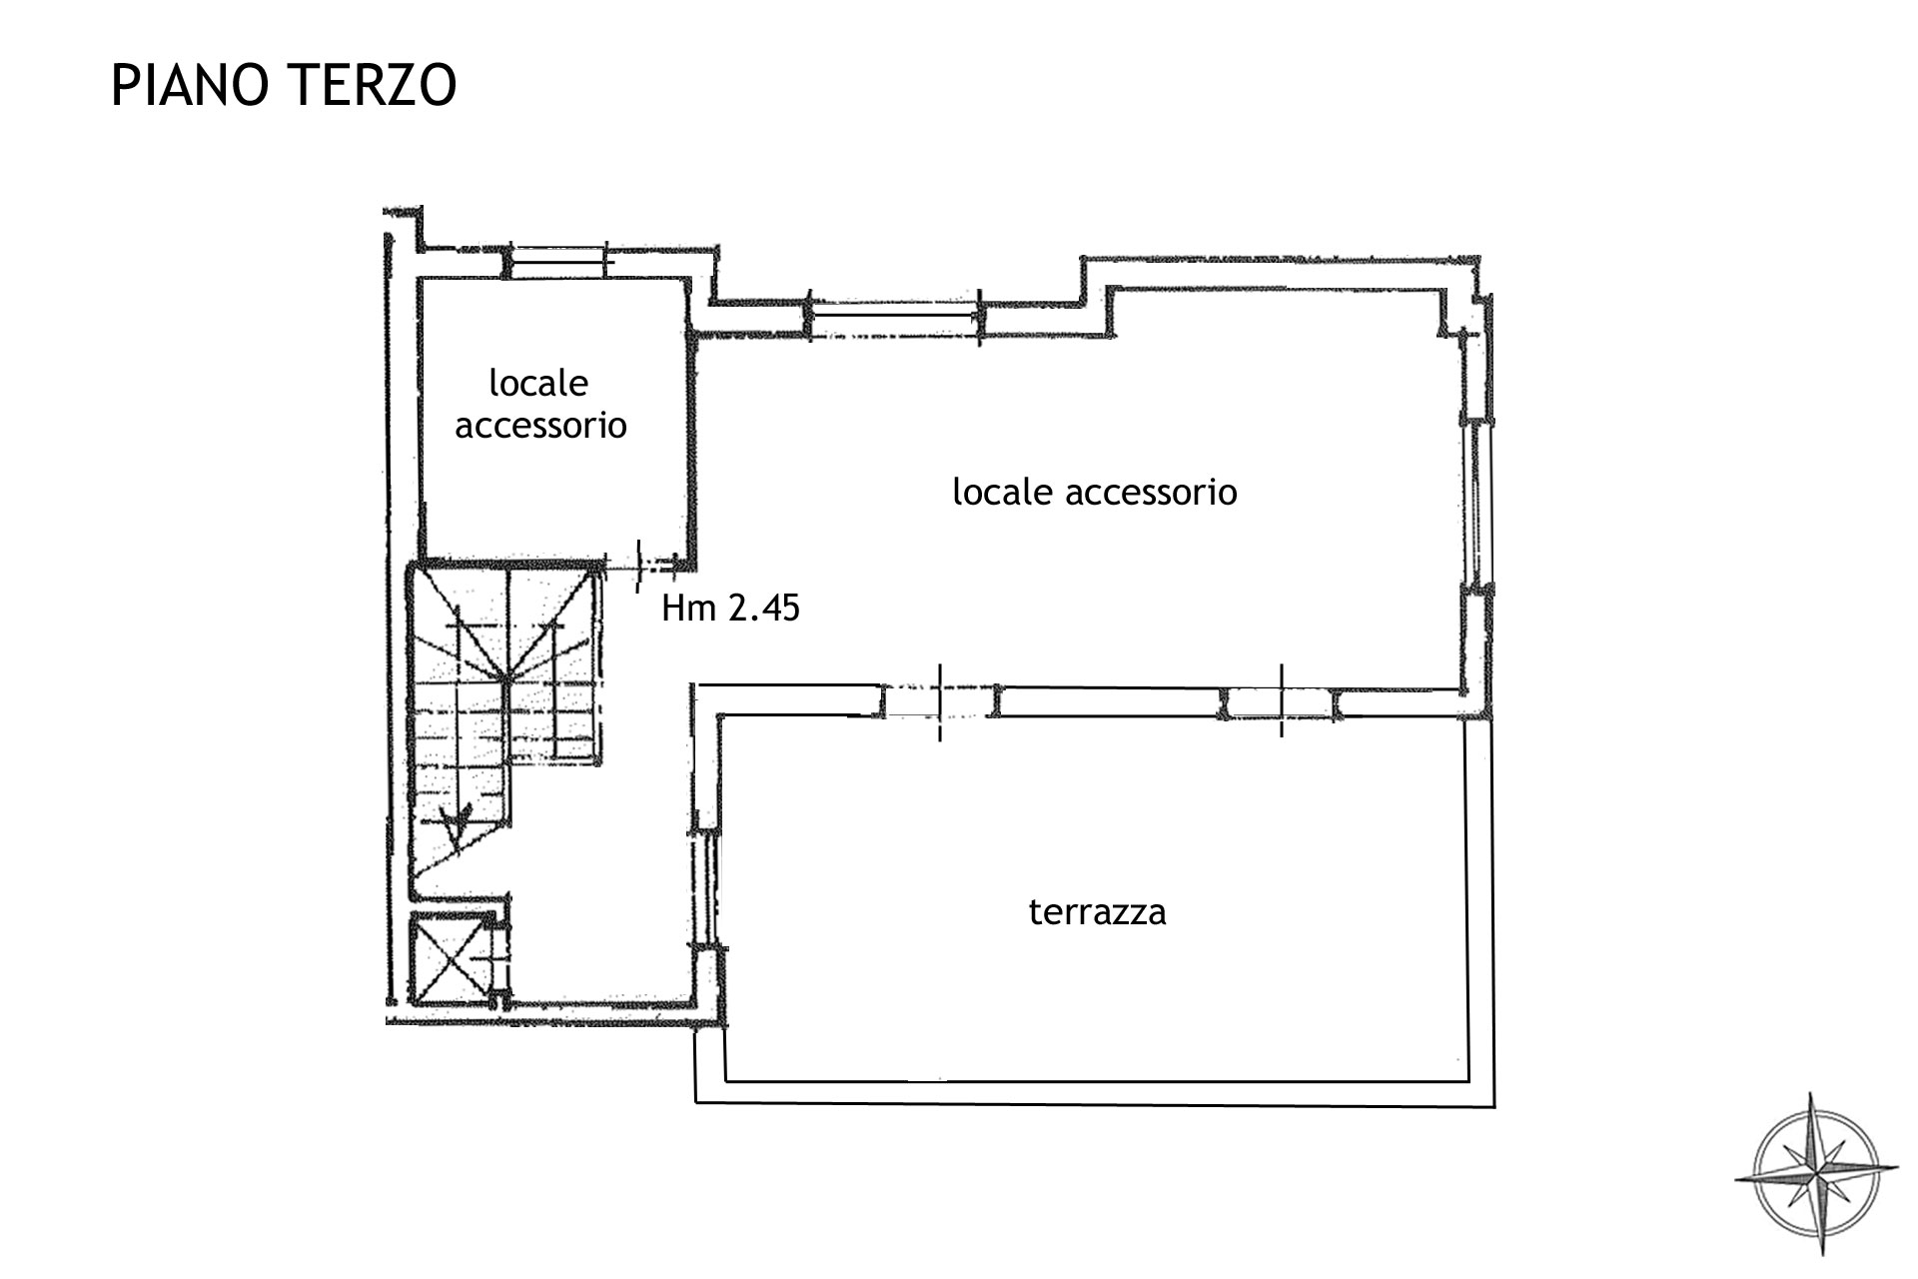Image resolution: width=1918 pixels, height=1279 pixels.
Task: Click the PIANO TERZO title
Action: tap(284, 85)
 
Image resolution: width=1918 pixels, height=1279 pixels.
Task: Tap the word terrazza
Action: tap(1097, 912)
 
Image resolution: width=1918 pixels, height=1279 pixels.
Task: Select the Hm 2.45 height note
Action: tap(730, 608)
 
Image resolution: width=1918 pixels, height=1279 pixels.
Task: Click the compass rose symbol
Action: tap(1817, 1173)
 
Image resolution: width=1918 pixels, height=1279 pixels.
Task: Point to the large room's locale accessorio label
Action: tap(1094, 492)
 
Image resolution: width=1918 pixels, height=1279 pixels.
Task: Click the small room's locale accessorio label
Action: tap(540, 405)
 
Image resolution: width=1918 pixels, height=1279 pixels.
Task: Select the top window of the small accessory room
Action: tap(557, 262)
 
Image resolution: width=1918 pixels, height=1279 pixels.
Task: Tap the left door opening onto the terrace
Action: tap(938, 701)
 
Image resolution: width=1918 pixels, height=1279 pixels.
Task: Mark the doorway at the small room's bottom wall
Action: tap(641, 565)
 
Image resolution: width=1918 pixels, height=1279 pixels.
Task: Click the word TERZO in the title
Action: tap(373, 85)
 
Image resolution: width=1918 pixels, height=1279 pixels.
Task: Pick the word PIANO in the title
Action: tap(189, 85)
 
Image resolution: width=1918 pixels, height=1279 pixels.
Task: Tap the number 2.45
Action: tap(764, 608)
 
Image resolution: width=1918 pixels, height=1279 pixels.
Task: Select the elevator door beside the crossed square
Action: tap(498, 957)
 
